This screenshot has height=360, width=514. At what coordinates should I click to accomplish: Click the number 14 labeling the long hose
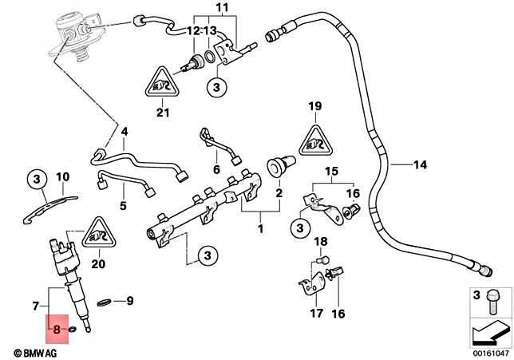pyautogui.click(x=420, y=165)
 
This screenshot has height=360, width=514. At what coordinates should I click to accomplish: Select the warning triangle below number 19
pyautogui.click(x=314, y=141)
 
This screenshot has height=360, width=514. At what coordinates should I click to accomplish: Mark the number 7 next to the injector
pyautogui.click(x=34, y=306)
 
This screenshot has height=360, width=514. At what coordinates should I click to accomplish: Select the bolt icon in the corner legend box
pyautogui.click(x=492, y=301)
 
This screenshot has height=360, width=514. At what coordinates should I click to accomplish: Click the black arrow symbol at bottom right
pyautogui.click(x=488, y=330)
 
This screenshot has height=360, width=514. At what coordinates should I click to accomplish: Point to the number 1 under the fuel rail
pyautogui.click(x=259, y=229)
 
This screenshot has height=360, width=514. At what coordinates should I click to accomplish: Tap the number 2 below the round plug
pyautogui.click(x=279, y=193)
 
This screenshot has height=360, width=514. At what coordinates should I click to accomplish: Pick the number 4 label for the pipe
pyautogui.click(x=124, y=131)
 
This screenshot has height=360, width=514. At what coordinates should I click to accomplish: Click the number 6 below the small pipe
pyautogui.click(x=215, y=170)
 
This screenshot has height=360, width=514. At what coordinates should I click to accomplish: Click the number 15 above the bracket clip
pyautogui.click(x=330, y=172)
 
